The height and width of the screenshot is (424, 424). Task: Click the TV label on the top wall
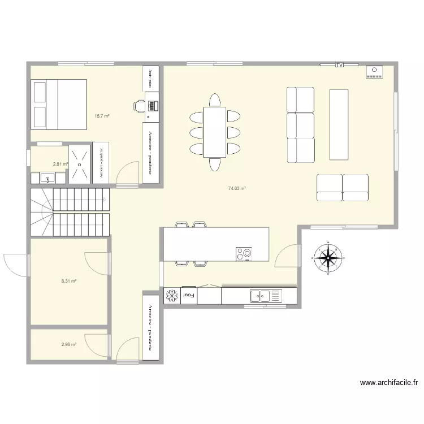340,65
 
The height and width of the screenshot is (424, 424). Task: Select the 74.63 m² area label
236,189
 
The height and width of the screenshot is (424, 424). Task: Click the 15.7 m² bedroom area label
102,116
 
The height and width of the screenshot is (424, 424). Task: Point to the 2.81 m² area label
60,165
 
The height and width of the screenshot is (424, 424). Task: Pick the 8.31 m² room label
69,280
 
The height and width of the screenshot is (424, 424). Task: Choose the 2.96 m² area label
69,344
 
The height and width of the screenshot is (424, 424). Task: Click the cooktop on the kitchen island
244,254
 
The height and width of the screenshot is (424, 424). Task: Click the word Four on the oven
188,295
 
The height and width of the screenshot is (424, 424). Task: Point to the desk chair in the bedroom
140,105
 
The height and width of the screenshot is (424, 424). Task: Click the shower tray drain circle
80,165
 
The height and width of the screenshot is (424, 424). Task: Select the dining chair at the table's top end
215,100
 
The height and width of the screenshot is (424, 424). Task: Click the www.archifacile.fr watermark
388,383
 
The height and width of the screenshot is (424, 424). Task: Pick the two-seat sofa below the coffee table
343,188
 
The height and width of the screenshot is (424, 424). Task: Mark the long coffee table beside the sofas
339,124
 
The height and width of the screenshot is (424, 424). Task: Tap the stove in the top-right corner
374,72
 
